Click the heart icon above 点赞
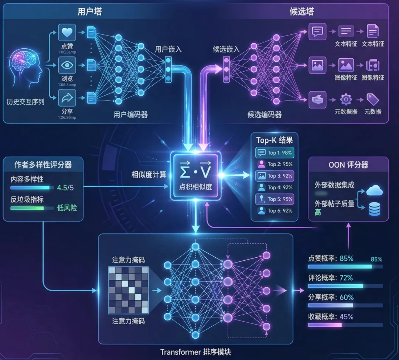[x=67, y=32]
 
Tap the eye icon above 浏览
[x=67, y=65]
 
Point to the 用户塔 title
[x=89, y=11]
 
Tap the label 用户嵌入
[x=168, y=49]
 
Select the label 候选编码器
[x=265, y=114]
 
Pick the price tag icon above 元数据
[x=372, y=99]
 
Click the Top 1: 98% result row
[x=274, y=152]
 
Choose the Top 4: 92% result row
[x=274, y=187]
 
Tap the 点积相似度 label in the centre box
[x=195, y=186]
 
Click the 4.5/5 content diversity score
[x=65, y=188]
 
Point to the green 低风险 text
[x=67, y=208]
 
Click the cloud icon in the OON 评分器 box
[x=374, y=191]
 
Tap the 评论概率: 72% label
[x=331, y=278]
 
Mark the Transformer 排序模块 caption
[x=195, y=352]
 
